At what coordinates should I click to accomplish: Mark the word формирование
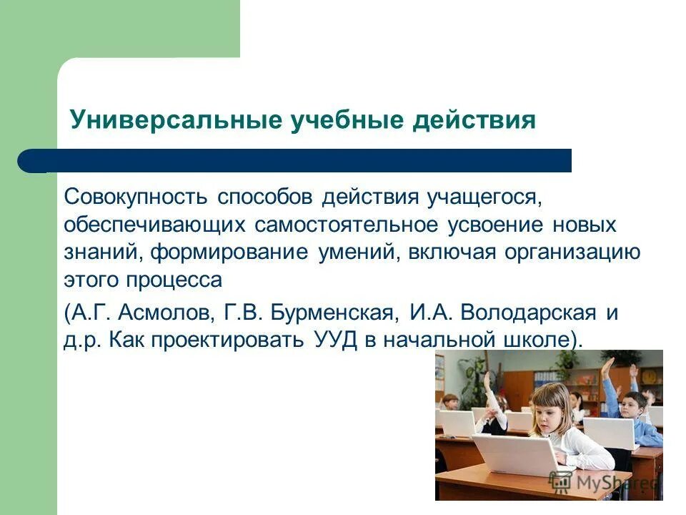229,252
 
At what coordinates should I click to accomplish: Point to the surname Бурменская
333,313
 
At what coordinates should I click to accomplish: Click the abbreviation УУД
335,340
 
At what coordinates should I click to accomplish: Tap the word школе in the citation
548,340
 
